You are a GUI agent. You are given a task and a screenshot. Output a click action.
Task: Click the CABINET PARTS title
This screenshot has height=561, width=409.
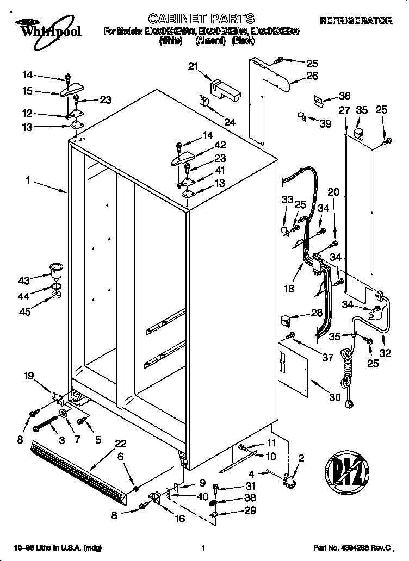(x=194, y=20)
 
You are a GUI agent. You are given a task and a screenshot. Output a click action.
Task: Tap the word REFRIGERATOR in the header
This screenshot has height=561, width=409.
(x=356, y=21)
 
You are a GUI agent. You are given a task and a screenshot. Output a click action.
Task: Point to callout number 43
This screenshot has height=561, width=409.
(x=23, y=280)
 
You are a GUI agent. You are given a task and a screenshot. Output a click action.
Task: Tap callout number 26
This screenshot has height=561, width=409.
(x=311, y=77)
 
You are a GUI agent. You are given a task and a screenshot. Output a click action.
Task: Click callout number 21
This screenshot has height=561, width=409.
(x=191, y=66)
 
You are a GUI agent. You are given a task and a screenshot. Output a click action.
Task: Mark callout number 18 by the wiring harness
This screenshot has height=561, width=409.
(x=289, y=289)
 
